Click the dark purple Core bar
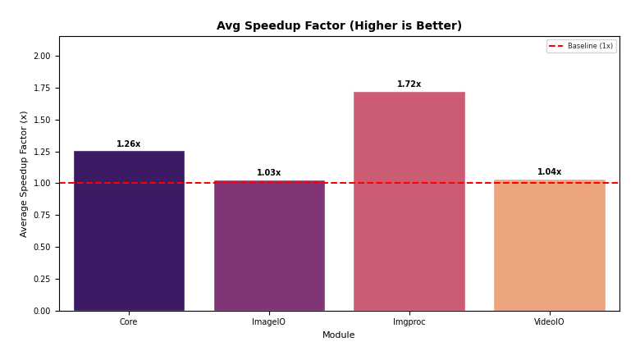[x=129, y=230]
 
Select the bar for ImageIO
[x=269, y=245]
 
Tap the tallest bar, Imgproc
[x=409, y=201]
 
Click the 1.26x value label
[x=129, y=144]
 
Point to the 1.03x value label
[x=269, y=173]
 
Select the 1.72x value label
[x=409, y=84]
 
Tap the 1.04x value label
[x=549, y=172]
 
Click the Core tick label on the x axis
[x=129, y=322]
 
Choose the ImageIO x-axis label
[x=269, y=322]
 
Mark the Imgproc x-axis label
[x=409, y=322]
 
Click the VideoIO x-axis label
[x=549, y=322]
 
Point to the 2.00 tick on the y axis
[x=41, y=57]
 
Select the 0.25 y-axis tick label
[x=41, y=280]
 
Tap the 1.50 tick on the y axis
[x=41, y=120]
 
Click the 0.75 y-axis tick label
[x=41, y=216]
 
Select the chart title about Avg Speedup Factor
[x=339, y=26]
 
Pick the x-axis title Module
[x=338, y=335]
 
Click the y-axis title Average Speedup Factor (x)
[x=25, y=174]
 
